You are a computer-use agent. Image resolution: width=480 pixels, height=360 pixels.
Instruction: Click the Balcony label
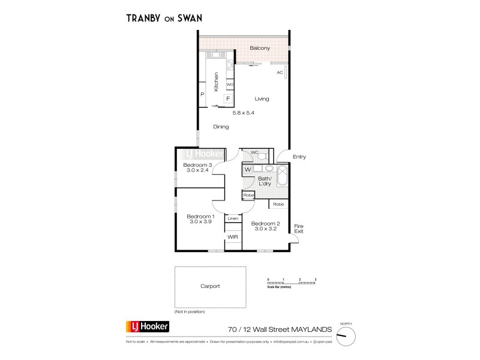260,47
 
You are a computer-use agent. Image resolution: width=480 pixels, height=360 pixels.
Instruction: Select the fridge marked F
228,99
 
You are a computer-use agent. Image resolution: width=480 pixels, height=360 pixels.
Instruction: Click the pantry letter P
202,94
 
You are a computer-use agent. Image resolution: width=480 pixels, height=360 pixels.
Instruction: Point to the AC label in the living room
280,73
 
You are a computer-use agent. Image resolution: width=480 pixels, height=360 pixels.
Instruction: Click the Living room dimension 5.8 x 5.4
247,112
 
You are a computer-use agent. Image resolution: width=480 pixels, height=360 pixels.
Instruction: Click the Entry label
299,157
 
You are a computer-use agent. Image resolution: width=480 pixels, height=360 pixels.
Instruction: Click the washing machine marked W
247,170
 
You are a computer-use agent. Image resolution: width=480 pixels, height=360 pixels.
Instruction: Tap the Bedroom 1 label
198,216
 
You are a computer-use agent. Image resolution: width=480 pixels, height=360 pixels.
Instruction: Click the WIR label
232,238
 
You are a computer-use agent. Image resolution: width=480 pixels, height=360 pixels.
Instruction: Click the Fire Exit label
299,228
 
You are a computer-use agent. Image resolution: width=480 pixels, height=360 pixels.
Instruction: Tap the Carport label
210,286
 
